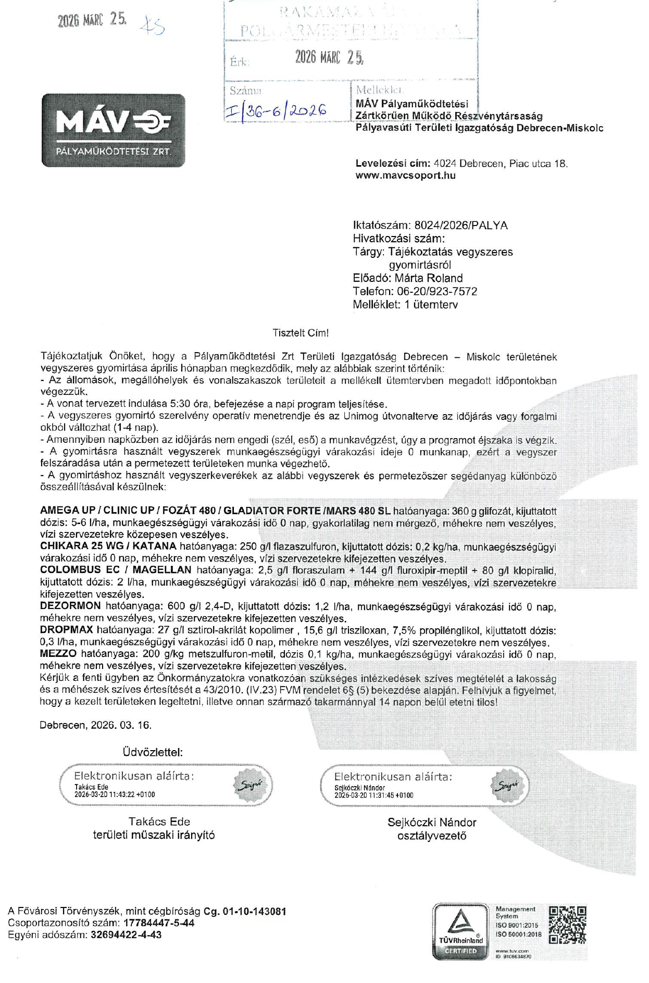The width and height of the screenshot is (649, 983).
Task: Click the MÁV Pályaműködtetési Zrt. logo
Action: tap(113, 130)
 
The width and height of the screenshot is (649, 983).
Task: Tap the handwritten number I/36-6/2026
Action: tap(276, 110)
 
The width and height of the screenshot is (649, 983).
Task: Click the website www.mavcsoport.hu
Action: tap(405, 176)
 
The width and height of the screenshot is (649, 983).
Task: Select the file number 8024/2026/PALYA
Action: tap(460, 226)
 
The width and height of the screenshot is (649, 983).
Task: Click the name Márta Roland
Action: tap(428, 278)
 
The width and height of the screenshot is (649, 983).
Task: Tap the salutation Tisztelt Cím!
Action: tap(301, 333)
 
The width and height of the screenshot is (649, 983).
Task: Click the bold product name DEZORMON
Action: tap(70, 606)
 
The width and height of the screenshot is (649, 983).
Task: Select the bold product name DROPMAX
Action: tap(66, 630)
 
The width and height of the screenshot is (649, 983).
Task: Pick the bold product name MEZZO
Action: tap(58, 654)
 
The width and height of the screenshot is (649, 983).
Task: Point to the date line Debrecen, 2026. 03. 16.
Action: tap(95, 725)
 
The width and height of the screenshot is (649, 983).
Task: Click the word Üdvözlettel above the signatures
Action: tap(153, 752)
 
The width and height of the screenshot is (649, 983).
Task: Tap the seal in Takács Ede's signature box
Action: tap(252, 785)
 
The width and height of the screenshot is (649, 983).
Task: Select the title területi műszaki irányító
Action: tap(154, 835)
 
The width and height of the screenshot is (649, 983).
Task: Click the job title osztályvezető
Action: tap(431, 836)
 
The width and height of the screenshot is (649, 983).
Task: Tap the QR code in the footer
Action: tap(567, 925)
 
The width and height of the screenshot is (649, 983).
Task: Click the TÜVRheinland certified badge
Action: tap(460, 931)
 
